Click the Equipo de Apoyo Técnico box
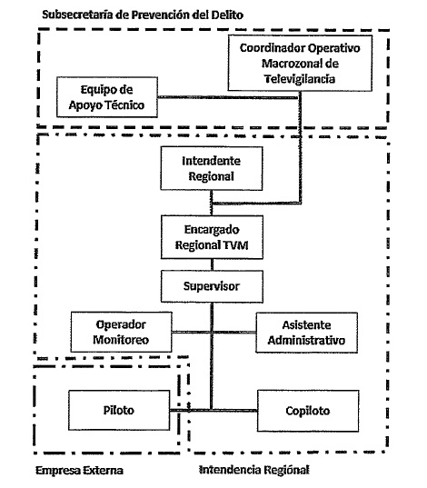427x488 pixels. [x=107, y=97]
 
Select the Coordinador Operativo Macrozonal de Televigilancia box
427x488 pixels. [x=300, y=64]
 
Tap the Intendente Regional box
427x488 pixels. [x=212, y=168]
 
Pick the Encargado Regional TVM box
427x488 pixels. [x=212, y=237]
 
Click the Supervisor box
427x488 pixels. [x=212, y=286]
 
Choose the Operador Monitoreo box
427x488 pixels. [x=122, y=332]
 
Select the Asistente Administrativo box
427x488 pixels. [x=306, y=333]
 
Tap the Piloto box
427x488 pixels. [x=119, y=411]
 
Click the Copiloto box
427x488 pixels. [x=308, y=411]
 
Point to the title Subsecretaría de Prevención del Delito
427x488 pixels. [x=143, y=15]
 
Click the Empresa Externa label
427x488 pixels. [x=79, y=470]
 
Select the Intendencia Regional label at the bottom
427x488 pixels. [x=254, y=470]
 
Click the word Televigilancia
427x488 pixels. [x=300, y=79]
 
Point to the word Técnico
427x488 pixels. [x=125, y=105]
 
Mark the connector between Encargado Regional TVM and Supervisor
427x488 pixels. [x=212, y=264]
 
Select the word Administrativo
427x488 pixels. [x=306, y=340]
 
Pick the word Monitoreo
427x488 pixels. [x=121, y=340]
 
